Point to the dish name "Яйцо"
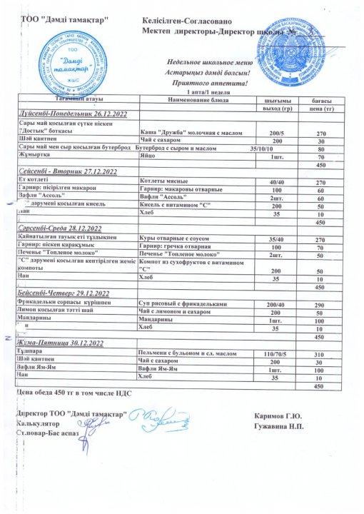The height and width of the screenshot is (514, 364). click(x=149, y=156)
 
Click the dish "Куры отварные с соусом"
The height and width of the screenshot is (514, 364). click(x=173, y=238)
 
